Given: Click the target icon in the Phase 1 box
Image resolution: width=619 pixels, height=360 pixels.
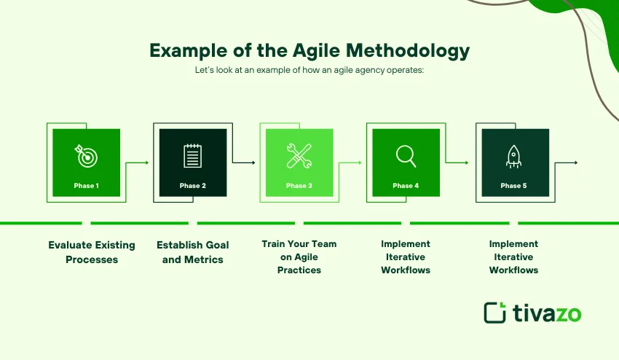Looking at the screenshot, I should point(85,155).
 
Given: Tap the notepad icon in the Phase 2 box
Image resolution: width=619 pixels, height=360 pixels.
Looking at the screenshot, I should point(192,155).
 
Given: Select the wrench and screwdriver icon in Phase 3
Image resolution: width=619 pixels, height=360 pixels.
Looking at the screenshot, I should point(299,155).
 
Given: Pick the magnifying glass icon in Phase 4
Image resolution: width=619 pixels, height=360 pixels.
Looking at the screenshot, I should point(406,155).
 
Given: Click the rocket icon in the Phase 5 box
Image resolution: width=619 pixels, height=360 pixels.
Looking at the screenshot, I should point(513,155).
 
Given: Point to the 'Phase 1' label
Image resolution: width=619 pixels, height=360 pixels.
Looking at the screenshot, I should point(86,186).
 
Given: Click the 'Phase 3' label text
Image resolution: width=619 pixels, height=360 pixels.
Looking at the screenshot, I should point(299,186).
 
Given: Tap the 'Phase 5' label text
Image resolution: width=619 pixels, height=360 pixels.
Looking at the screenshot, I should point(513,186).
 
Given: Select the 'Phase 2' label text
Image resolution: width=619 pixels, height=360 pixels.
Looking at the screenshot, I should point(193,186).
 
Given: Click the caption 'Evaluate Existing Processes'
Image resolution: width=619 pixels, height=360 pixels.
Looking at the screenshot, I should point(92,252).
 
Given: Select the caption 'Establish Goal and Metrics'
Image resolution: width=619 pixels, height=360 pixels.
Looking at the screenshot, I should point(192,252).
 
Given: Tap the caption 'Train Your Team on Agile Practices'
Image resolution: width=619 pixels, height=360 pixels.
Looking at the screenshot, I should point(299,257).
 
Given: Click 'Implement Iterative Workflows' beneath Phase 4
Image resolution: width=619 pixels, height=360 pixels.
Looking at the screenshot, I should point(406,257).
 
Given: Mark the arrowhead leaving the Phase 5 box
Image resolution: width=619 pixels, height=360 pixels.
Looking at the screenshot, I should point(577,163).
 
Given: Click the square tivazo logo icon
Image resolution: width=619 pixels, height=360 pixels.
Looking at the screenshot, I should point(495,312).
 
